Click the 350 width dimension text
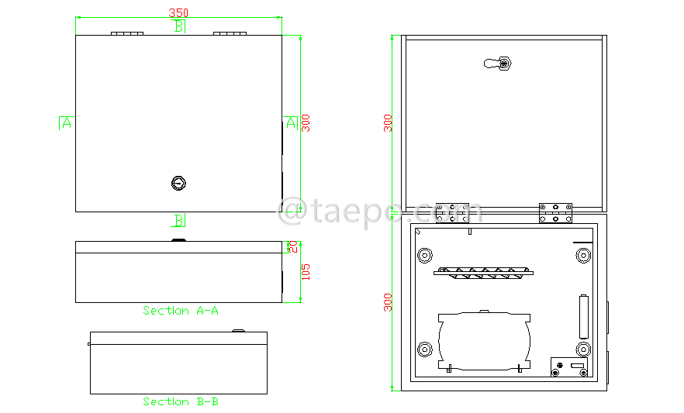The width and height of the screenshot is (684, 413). pyautogui.click(x=178, y=13)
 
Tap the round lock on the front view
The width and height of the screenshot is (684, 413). pyautogui.click(x=179, y=184)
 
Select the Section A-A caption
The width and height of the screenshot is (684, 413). pyautogui.click(x=181, y=311)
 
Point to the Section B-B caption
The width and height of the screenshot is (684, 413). pyautogui.click(x=181, y=402)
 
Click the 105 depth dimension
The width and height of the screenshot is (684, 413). pyautogui.click(x=305, y=272)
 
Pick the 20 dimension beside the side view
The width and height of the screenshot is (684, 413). pyautogui.click(x=293, y=246)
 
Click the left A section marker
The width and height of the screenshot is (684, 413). pyautogui.click(x=66, y=122)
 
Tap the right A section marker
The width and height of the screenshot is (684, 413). pyautogui.click(x=290, y=122)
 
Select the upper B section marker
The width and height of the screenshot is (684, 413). pyautogui.click(x=179, y=27)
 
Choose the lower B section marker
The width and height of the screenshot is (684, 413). pyautogui.click(x=179, y=221)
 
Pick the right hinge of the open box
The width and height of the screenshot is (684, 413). pyautogui.click(x=556, y=213)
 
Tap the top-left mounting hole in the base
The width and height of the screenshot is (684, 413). pyautogui.click(x=425, y=256)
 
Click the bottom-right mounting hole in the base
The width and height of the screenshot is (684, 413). pyautogui.click(x=583, y=349)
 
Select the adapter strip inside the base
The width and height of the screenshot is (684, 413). pyautogui.click(x=485, y=272)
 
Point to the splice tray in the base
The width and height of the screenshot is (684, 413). pyautogui.click(x=485, y=340)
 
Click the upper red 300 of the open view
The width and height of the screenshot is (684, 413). pyautogui.click(x=388, y=122)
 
